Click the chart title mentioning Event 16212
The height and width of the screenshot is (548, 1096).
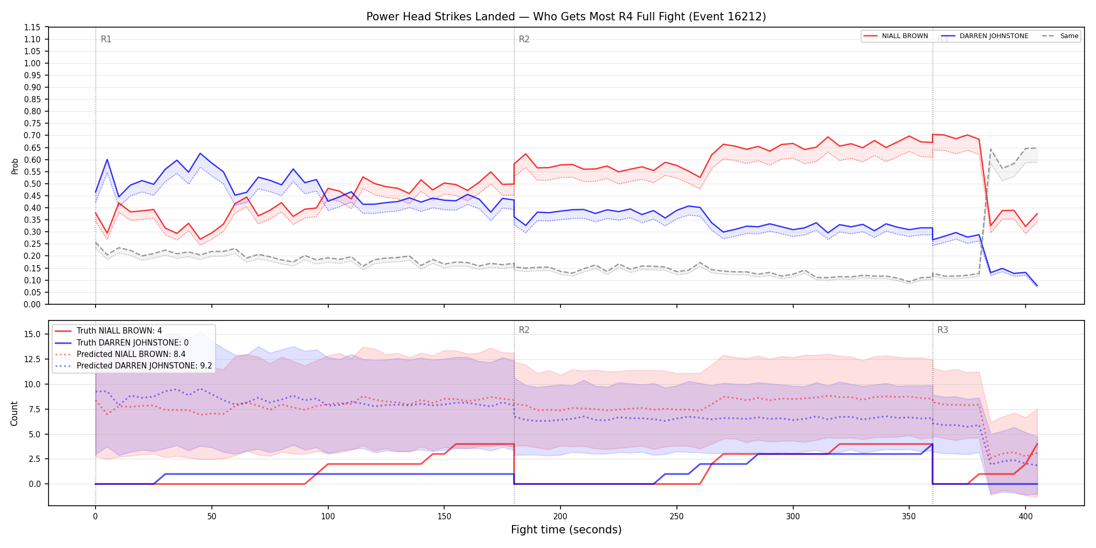566,17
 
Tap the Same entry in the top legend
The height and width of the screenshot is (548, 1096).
1060,36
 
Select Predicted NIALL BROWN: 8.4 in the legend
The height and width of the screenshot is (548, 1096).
120,354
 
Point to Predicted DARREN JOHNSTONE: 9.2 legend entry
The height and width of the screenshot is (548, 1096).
134,366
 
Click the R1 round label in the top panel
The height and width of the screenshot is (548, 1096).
106,39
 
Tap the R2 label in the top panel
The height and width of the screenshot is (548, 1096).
524,39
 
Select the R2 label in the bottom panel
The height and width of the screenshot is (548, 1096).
524,330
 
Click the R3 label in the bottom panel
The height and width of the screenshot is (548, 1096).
943,330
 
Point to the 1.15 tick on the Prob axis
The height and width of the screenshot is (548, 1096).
32,27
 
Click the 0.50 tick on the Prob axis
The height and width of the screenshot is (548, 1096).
32,184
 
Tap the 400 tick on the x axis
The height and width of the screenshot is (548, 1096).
1026,517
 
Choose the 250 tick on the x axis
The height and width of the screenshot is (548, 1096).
677,517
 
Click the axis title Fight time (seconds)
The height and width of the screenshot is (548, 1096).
566,530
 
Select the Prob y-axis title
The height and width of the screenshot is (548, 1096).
15,166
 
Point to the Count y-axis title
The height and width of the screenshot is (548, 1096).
14,413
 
